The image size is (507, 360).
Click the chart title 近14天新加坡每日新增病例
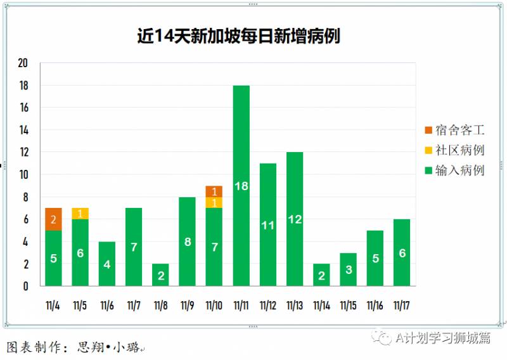pos(238,36)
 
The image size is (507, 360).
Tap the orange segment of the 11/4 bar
pos(53,219)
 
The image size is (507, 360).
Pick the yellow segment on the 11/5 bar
pos(80,214)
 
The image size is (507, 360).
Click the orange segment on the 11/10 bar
pos(214,191)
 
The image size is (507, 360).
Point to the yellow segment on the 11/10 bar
pos(214,203)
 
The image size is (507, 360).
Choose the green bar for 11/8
pos(160,274)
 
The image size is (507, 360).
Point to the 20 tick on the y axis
pos(23,63)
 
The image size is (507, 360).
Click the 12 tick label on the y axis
pos(23,152)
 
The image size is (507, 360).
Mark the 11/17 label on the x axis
pos(401,306)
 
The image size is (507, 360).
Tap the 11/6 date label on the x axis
pos(106,306)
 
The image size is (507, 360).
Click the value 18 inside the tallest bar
pos(241,186)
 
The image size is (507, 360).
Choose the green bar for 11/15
pos(348,269)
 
